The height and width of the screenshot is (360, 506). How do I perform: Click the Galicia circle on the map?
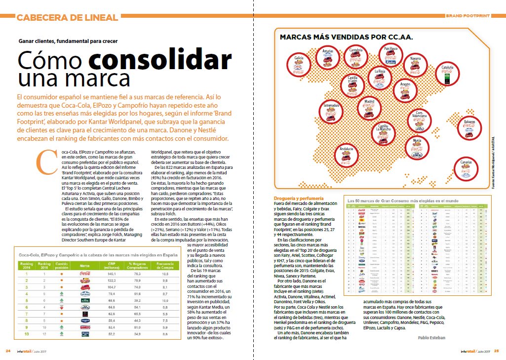point(299,64)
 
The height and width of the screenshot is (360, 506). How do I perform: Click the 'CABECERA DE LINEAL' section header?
point(67,18)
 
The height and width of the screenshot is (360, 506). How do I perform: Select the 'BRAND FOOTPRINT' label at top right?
point(467,16)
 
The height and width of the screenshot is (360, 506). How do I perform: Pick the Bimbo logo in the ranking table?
point(84,326)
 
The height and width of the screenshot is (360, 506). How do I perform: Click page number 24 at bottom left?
point(8,351)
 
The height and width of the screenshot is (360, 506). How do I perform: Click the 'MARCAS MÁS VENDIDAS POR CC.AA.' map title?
point(346,37)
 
